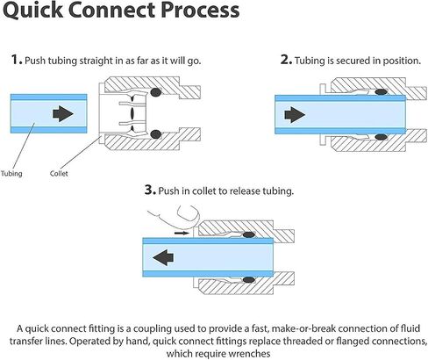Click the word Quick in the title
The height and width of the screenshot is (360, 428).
(x=32, y=11)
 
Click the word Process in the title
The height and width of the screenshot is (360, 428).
(x=200, y=10)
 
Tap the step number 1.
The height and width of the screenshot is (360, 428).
(x=17, y=60)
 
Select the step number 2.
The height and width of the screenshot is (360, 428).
(x=286, y=60)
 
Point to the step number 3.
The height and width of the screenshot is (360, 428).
(x=150, y=190)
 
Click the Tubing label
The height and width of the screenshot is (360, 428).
(x=11, y=174)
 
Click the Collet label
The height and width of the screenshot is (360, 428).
(x=59, y=173)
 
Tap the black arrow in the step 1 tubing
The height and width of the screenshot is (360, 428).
(x=63, y=113)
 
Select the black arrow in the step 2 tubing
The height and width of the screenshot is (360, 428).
(x=295, y=114)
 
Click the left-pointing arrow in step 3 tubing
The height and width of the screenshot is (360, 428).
(x=163, y=257)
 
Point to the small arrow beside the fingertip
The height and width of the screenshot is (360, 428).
(x=182, y=233)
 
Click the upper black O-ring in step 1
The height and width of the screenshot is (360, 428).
(x=156, y=92)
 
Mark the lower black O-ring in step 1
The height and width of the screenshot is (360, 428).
(x=156, y=134)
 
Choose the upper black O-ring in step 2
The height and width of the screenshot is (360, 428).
(x=382, y=92)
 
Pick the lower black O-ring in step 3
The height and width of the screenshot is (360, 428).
(x=249, y=280)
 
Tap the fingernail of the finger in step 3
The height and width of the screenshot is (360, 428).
(x=192, y=213)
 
